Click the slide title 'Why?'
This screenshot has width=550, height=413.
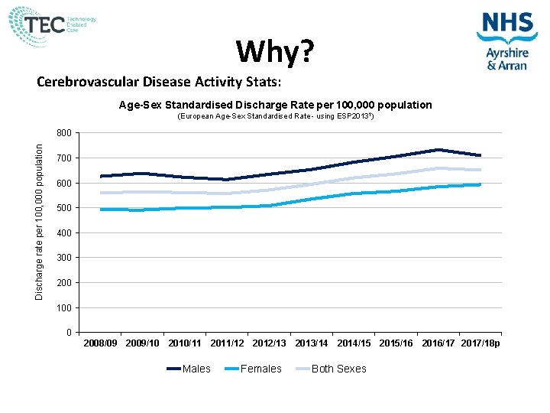(x=274, y=52)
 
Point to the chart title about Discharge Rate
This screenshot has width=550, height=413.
(x=275, y=105)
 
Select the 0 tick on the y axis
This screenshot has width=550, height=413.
(x=69, y=333)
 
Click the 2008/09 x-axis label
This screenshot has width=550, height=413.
(x=101, y=343)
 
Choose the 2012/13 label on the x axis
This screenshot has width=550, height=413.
(x=270, y=343)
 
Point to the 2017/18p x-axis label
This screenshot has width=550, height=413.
(x=481, y=343)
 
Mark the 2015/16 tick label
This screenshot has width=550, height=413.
(x=396, y=343)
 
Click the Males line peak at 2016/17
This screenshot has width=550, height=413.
(x=438, y=150)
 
